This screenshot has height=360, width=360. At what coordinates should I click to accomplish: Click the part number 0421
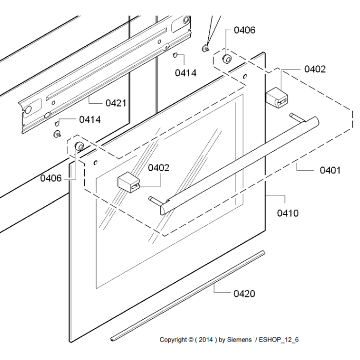[x=116, y=103]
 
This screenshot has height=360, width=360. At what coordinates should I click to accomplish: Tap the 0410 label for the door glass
[x=287, y=212]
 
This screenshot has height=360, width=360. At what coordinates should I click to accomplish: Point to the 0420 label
[x=244, y=294]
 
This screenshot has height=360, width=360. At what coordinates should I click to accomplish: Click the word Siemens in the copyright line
[x=240, y=339]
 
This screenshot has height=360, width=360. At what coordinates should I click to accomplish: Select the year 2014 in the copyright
[x=206, y=339]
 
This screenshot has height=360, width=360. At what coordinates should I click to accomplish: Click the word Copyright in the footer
[x=174, y=339]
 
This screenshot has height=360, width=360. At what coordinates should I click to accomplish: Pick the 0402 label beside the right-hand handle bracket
[x=315, y=69]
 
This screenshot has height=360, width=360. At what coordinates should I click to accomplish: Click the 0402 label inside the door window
[x=158, y=168]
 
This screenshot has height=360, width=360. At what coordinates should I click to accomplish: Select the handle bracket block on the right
[x=277, y=97]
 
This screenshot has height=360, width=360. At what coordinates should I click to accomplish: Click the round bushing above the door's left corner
[x=79, y=147]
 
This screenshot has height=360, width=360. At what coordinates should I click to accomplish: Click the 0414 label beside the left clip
[x=89, y=120]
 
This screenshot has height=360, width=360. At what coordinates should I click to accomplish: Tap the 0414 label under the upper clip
[x=185, y=73]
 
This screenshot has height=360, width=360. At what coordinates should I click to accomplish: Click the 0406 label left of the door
[x=51, y=178]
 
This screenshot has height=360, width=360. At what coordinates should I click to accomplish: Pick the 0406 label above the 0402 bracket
[x=244, y=30]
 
